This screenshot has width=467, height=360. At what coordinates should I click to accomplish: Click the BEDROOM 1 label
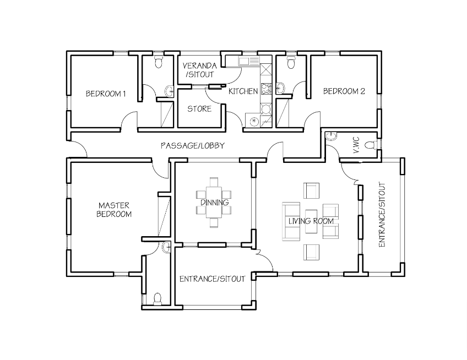point(106,94)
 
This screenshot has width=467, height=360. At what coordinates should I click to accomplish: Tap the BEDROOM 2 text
point(344,91)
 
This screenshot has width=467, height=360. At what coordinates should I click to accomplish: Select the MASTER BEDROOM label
point(114,210)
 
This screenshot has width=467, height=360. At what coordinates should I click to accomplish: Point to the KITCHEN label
point(243,91)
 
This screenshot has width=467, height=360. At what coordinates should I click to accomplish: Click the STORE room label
point(199,109)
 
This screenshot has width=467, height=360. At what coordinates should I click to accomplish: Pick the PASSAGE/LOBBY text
point(193,146)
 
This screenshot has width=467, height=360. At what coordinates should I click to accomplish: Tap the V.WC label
point(356,146)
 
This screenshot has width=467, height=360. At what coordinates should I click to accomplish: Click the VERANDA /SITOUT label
point(199,70)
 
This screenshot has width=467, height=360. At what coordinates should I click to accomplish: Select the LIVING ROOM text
point(311,221)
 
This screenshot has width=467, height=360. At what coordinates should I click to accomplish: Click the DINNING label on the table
point(214,203)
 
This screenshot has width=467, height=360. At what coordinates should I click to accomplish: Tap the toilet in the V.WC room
point(372,145)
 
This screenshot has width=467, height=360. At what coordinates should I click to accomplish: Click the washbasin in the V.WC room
point(331,136)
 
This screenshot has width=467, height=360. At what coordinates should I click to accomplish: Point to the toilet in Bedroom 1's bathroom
point(159,61)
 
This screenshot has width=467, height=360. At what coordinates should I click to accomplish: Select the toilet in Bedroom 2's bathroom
point(291,62)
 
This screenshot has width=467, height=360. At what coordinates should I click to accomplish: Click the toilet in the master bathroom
point(158,299)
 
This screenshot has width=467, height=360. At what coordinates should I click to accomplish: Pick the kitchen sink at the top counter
point(248,61)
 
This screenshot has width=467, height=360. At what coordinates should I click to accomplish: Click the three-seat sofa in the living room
point(291,221)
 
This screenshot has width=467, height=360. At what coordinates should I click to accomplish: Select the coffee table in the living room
point(311,221)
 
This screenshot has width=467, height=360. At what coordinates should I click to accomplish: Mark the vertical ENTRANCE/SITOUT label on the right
point(382,215)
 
